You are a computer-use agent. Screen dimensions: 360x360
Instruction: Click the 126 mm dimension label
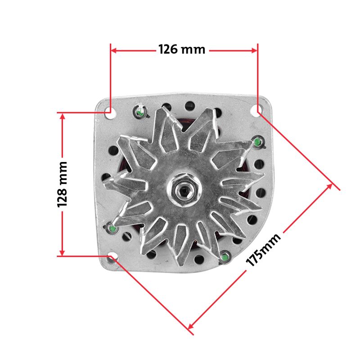coord(182,49)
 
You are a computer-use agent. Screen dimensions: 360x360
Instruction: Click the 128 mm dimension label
coord(62,184)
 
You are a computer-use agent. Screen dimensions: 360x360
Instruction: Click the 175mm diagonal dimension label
coord(263,250)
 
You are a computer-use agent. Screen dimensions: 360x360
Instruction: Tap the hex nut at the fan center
coord(184,190)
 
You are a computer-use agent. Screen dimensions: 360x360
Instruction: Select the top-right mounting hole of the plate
coord(256,110)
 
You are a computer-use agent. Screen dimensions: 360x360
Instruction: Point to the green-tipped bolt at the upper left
coord(140,112)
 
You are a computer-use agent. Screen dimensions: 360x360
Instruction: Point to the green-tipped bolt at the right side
coord(257,142)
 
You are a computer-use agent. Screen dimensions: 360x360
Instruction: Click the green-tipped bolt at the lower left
coord(112,228)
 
